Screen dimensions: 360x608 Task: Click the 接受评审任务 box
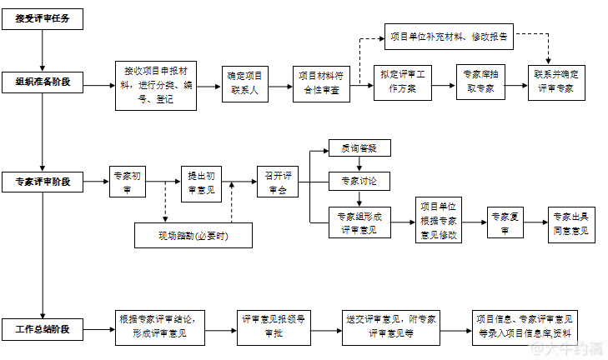(x=43, y=18)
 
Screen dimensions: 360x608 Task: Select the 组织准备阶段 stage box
(x=43, y=82)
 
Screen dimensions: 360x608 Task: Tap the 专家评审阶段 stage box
(x=43, y=182)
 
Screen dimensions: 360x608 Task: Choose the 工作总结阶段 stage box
(x=43, y=329)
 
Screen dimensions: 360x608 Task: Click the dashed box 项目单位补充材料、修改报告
(x=448, y=37)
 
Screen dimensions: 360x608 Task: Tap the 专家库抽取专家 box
(x=480, y=82)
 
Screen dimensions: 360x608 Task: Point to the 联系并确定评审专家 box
(x=555, y=82)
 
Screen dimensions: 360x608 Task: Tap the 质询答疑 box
(x=359, y=148)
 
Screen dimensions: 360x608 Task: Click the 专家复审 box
(x=505, y=223)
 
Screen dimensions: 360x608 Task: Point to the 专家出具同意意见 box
(x=571, y=223)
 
